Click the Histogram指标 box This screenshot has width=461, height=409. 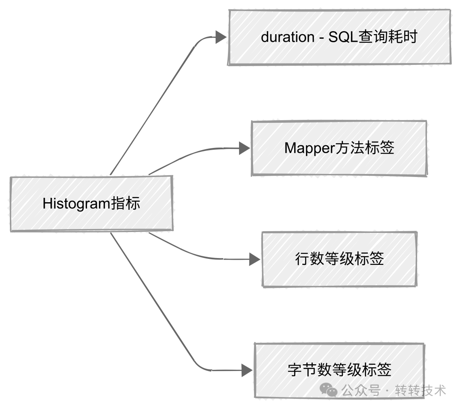tap(91, 204)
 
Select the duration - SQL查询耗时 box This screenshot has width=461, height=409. tap(339, 37)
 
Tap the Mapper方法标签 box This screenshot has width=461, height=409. tap(339, 148)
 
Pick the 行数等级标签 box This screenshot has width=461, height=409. tap(339, 259)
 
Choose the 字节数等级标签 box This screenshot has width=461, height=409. tap(339, 370)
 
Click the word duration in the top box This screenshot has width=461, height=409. tap(287, 37)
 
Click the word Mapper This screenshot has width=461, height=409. tap(306, 148)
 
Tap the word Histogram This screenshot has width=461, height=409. tap(76, 204)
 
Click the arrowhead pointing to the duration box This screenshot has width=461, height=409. tap(220, 37)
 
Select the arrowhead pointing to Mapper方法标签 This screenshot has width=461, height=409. tap(244, 148)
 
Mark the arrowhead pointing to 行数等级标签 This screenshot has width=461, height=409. tap(255, 259)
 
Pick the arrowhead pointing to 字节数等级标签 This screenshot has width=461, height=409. tap(247, 370)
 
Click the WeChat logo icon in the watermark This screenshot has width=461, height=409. tap(329, 390)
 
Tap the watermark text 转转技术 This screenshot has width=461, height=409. tap(420, 390)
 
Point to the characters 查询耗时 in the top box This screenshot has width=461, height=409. tap(388, 37)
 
